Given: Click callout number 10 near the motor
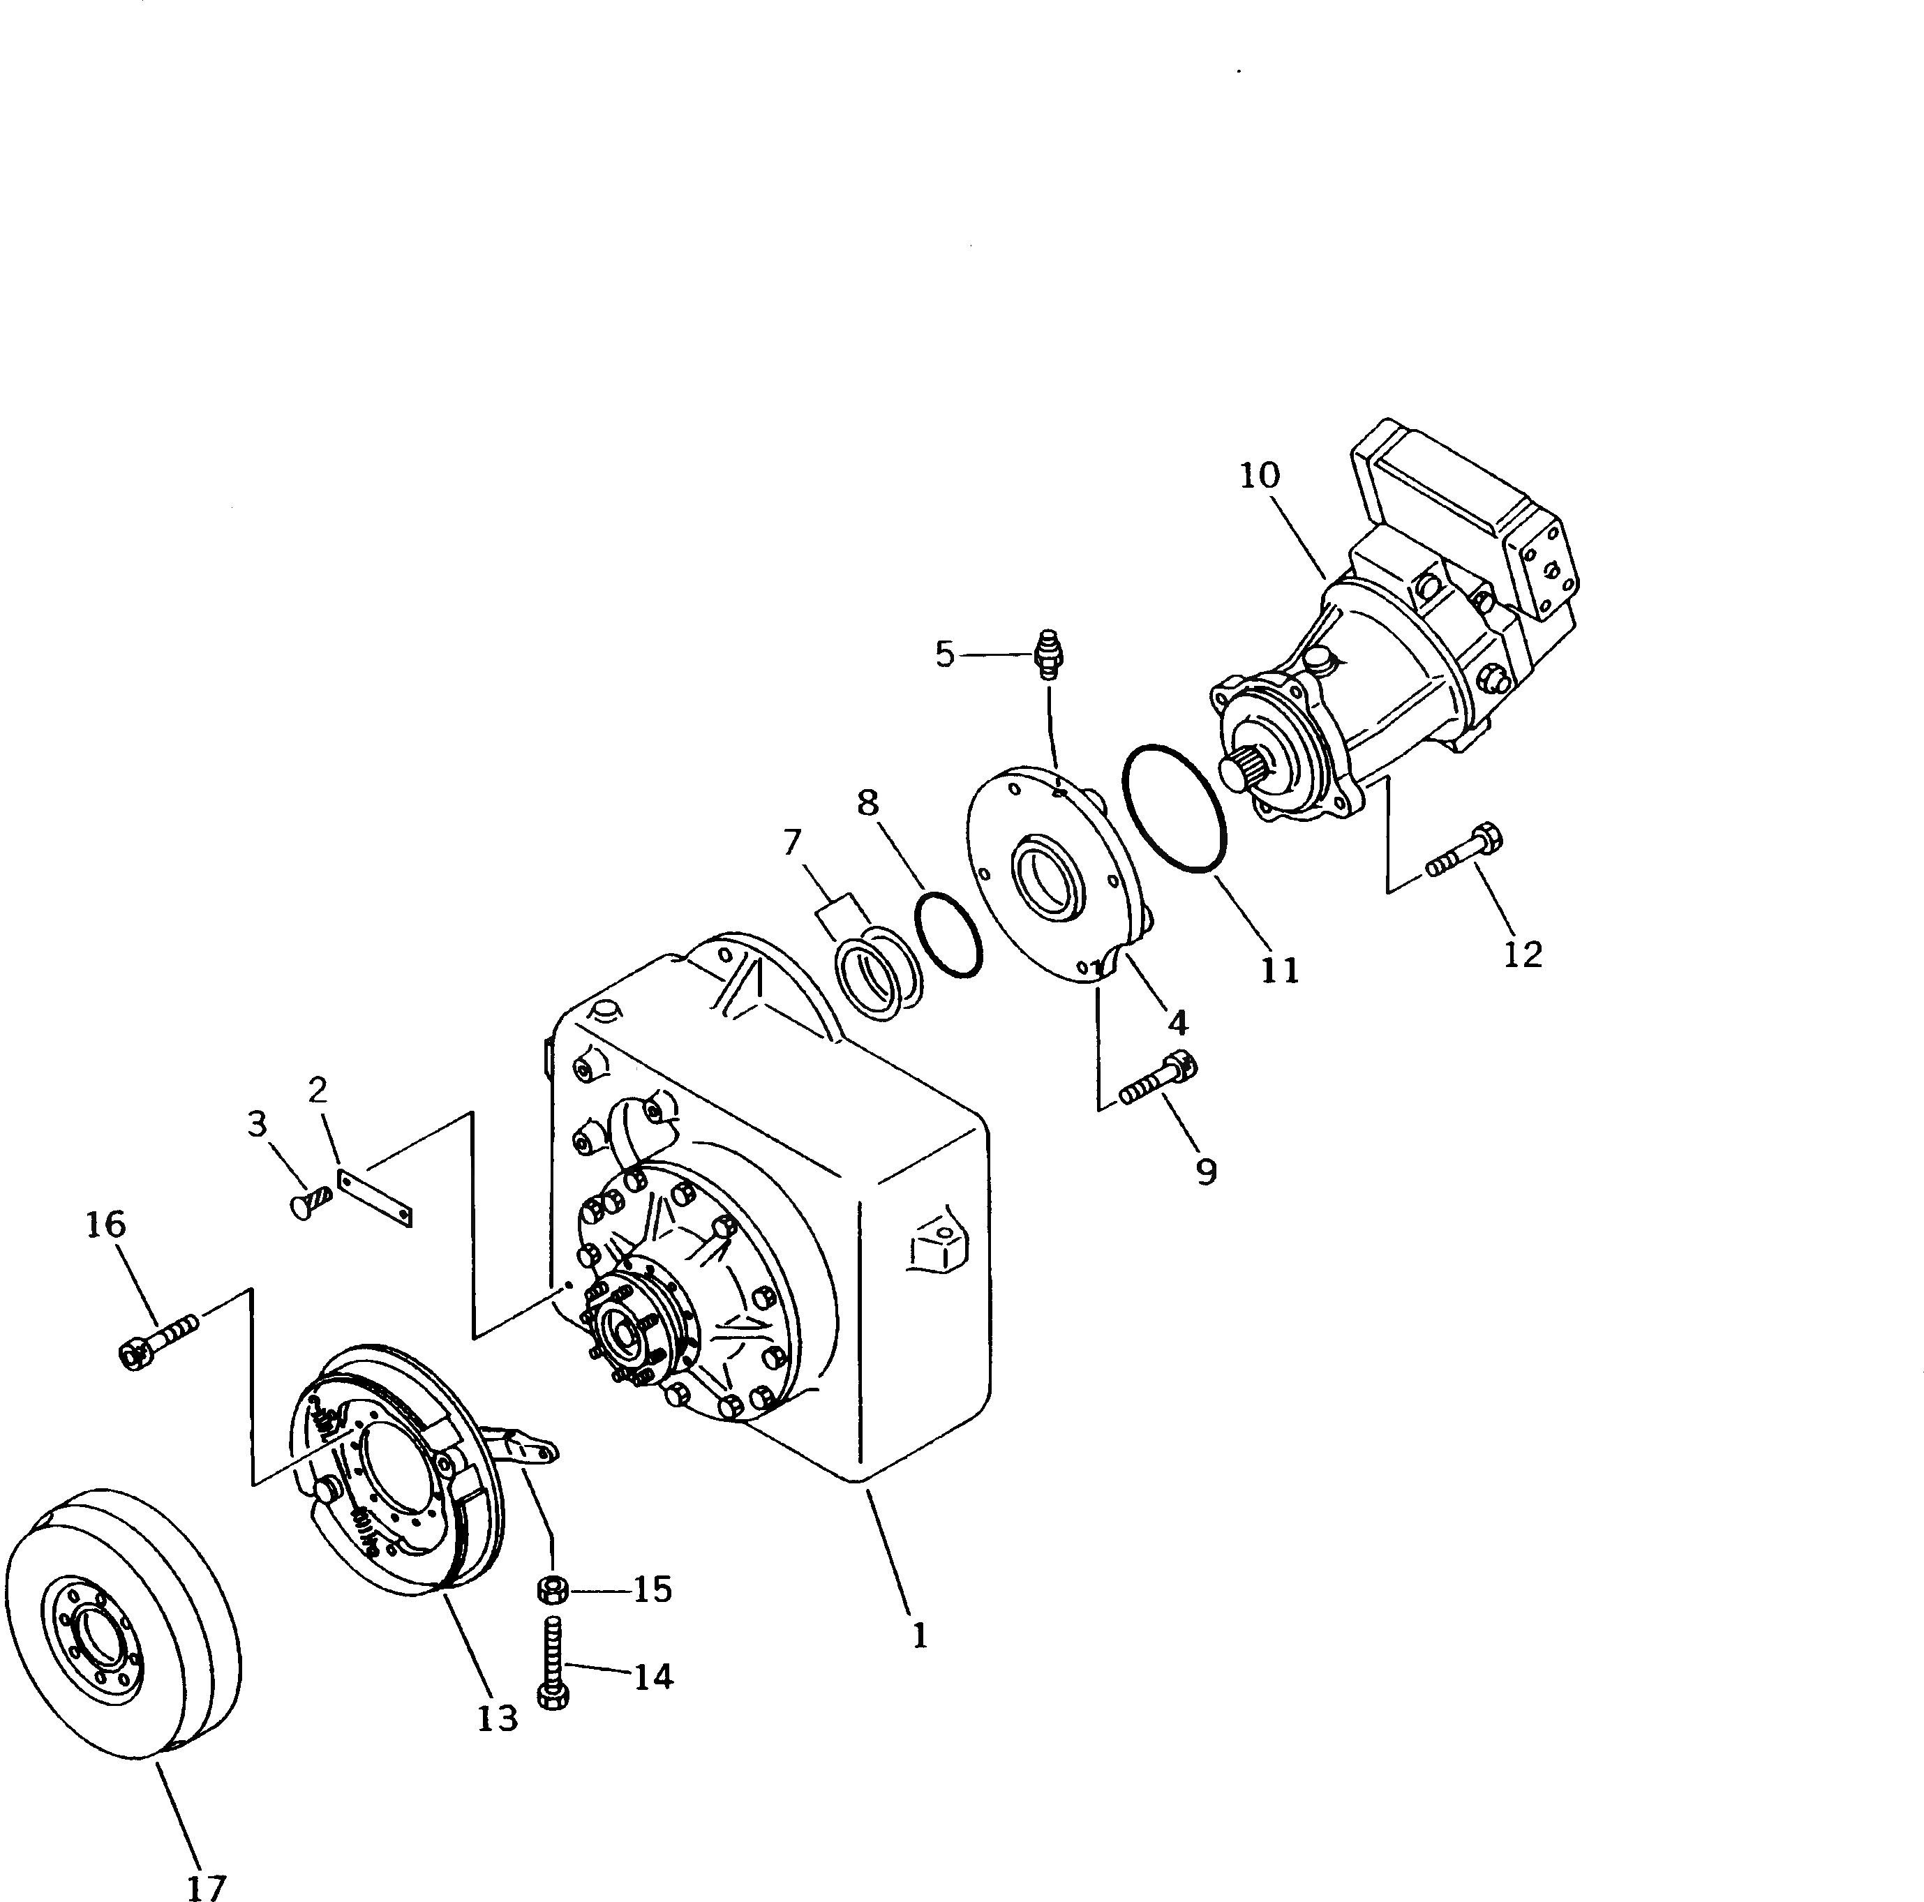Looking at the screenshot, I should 1259,476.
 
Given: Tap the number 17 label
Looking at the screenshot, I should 206,1885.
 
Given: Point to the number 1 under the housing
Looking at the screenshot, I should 920,1635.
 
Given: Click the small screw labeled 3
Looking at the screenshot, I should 310,1202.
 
